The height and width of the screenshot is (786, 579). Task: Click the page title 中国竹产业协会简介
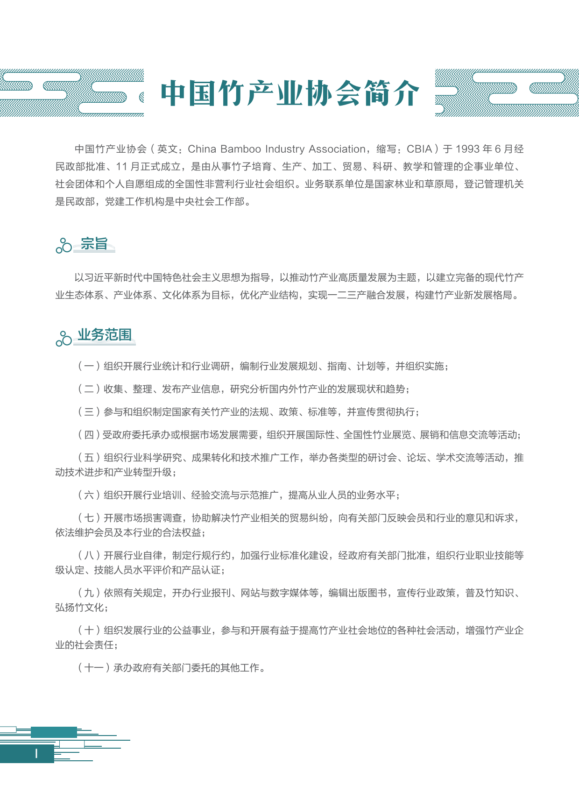click(x=289, y=93)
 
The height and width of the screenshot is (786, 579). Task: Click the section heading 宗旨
click(x=94, y=243)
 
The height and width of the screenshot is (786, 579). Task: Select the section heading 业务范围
click(x=105, y=334)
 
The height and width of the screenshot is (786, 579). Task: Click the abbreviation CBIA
click(x=419, y=149)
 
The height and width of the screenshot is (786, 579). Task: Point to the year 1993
click(x=467, y=149)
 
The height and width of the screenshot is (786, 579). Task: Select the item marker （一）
click(x=89, y=366)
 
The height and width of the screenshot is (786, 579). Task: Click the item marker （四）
click(x=89, y=435)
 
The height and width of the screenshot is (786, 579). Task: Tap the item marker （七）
click(x=89, y=518)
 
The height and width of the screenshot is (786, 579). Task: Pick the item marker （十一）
click(x=94, y=668)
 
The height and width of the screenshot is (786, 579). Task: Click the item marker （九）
click(x=89, y=593)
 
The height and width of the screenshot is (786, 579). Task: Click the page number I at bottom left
click(x=36, y=753)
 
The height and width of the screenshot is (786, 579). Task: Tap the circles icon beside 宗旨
click(x=64, y=245)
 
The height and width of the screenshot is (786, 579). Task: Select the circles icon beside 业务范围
click(x=64, y=338)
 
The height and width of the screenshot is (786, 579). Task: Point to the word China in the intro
click(x=202, y=149)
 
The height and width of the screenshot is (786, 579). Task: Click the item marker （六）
click(x=89, y=495)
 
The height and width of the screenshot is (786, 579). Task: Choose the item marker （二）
click(x=89, y=389)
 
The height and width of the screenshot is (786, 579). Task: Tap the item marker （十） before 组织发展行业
click(x=89, y=630)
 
